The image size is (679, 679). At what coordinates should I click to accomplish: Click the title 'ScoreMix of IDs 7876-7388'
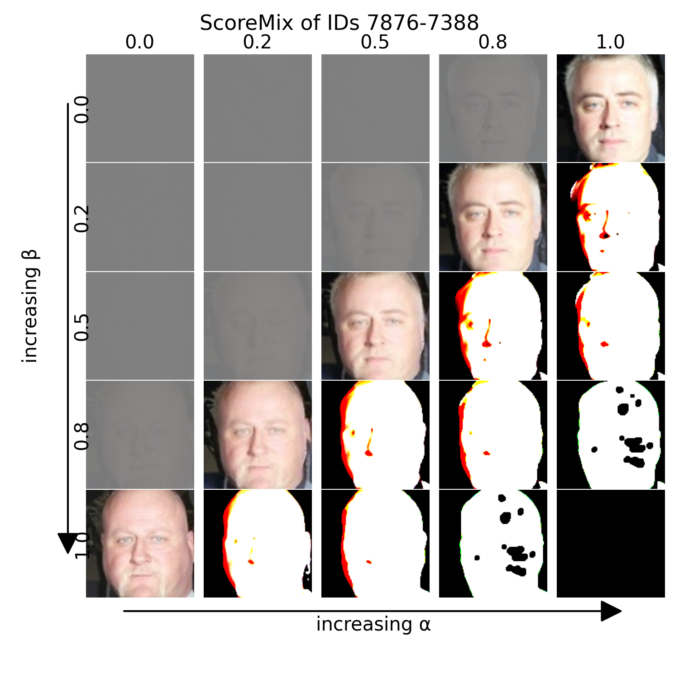pos(339,23)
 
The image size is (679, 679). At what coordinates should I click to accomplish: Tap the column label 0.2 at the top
pos(257,42)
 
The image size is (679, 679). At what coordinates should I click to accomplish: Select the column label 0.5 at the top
pos(375,42)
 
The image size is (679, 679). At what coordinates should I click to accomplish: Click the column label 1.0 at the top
pos(610,42)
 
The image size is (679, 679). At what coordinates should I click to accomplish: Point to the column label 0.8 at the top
pos(493,42)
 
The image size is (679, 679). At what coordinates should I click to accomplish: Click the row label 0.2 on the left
pos(82,218)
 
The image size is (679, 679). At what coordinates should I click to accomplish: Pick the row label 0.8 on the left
pos(82,436)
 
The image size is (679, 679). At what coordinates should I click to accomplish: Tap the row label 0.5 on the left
pos(82,327)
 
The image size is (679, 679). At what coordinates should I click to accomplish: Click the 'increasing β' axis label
pos(31,306)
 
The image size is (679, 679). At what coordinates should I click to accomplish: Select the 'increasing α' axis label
pos(373,624)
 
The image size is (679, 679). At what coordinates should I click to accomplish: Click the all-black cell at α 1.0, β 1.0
pos(611,543)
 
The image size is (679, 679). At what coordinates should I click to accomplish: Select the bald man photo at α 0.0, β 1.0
pos(140,543)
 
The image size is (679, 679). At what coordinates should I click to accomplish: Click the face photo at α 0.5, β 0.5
pos(375,326)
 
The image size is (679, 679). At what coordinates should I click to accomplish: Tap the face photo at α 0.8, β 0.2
pos(493,217)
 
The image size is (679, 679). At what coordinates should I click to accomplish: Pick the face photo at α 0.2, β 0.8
pos(258,435)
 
